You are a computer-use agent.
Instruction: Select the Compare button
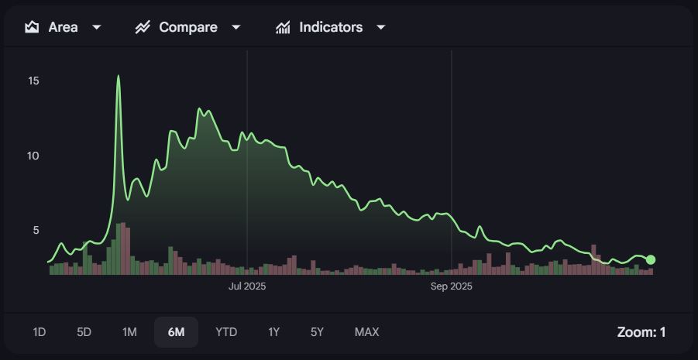click(188, 27)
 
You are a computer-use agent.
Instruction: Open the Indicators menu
click(331, 27)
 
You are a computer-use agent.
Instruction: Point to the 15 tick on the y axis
click(33, 81)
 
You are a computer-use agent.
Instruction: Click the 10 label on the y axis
click(33, 156)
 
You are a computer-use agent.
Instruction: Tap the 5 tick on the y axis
click(35, 230)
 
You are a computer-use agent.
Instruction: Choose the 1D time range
click(40, 332)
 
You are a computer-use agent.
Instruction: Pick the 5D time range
click(84, 332)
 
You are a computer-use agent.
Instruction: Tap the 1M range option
click(129, 332)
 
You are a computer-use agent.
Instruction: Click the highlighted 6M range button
click(176, 332)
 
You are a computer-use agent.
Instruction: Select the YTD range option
click(226, 332)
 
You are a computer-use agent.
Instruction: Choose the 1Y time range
click(273, 332)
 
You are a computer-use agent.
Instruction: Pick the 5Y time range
click(317, 332)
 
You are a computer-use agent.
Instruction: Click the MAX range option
click(366, 332)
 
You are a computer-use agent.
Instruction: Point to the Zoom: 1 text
click(641, 332)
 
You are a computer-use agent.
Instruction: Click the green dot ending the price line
click(651, 259)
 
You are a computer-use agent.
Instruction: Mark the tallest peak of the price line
click(119, 76)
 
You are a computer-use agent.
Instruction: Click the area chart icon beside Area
click(32, 27)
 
